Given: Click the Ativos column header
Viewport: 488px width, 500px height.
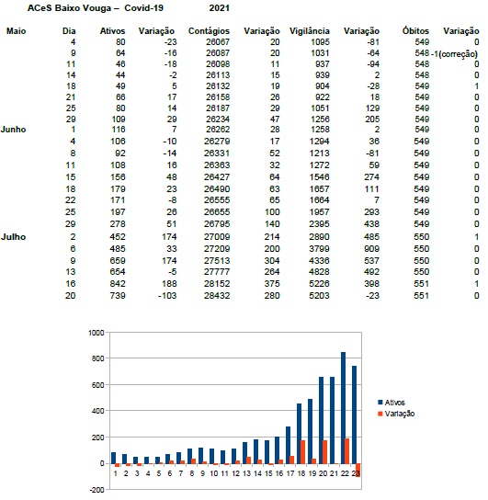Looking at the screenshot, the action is (x=112, y=31).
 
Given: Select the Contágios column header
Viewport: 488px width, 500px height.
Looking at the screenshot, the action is (x=209, y=31).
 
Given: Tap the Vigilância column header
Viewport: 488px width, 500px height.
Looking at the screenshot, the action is (x=309, y=31).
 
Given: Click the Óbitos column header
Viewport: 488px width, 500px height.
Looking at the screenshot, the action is (x=415, y=31).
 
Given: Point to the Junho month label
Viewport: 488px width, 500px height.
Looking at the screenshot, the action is (x=14, y=130).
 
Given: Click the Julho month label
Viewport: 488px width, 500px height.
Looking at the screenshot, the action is (x=14, y=237).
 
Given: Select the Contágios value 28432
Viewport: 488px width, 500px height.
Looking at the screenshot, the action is (x=217, y=296).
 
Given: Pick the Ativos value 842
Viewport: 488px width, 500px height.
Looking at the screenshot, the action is (x=118, y=284).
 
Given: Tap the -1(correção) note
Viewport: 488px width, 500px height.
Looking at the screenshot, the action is (x=455, y=54).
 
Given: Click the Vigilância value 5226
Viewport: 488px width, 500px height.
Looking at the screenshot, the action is (x=319, y=284).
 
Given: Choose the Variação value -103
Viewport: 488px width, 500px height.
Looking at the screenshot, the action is (x=167, y=296).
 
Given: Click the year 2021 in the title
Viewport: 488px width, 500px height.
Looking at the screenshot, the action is (x=220, y=8).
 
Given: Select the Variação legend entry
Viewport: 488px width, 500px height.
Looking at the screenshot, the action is (x=396, y=414).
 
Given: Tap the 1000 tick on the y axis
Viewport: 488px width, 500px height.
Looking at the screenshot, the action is (x=96, y=333).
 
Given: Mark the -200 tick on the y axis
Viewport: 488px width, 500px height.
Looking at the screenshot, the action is (x=96, y=490).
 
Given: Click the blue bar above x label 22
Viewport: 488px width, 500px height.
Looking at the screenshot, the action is (x=344, y=408).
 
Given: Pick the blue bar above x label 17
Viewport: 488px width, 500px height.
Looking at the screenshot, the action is (x=289, y=445).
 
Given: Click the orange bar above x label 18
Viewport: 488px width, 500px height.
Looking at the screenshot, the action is (x=302, y=452).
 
